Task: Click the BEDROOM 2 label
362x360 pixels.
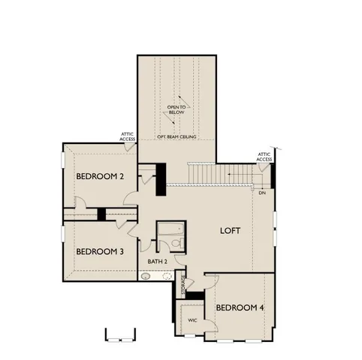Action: click(100, 176)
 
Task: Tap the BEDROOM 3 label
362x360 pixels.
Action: click(100, 250)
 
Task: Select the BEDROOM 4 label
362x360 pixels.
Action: click(240, 307)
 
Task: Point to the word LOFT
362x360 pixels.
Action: click(230, 230)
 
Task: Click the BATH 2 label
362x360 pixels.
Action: click(157, 261)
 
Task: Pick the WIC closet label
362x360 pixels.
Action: click(192, 319)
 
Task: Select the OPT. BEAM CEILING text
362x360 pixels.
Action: click(177, 138)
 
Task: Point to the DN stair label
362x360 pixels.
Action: click(262, 193)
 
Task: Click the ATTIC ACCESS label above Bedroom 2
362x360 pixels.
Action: click(128, 137)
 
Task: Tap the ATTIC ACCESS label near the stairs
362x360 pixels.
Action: click(264, 157)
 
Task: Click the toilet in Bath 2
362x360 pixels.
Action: click(176, 244)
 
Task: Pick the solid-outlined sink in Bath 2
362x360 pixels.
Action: click(146, 275)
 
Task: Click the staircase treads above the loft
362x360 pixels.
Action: click(218, 175)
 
